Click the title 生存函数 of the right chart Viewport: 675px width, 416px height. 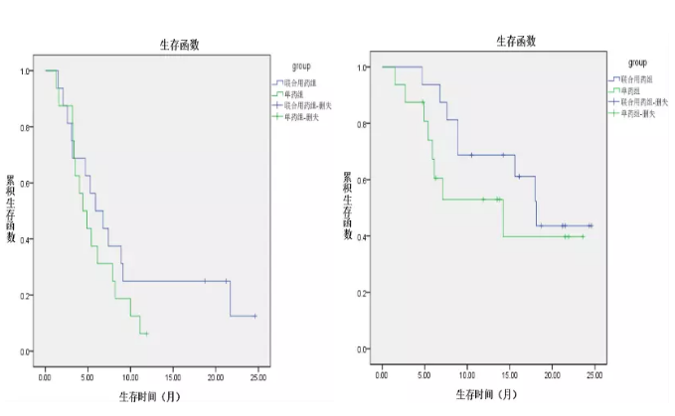[x=516, y=41]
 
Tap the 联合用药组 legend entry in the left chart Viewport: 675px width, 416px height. [x=303, y=82]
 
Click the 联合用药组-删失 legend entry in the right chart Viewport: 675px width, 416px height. [x=644, y=101]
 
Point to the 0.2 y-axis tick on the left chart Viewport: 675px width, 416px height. [x=25, y=296]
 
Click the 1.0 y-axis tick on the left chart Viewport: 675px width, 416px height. [x=25, y=71]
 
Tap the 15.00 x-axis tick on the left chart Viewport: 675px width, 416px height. [x=171, y=379]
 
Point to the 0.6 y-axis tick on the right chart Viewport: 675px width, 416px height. [x=363, y=180]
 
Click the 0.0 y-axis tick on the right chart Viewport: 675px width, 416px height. [x=363, y=349]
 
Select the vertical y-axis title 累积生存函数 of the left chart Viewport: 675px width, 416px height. [x=11, y=208]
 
